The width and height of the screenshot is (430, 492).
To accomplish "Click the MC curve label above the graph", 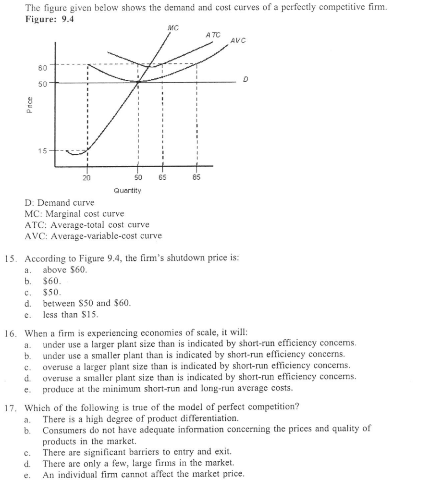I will [172, 28].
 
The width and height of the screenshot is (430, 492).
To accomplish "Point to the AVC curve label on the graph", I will [237, 41].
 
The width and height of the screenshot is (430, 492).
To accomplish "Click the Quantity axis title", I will [127, 191].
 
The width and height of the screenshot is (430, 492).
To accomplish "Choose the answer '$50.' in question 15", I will [52, 292].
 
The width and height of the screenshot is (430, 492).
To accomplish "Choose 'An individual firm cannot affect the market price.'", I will [143, 475].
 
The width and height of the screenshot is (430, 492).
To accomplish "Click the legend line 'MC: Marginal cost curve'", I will [74, 213].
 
